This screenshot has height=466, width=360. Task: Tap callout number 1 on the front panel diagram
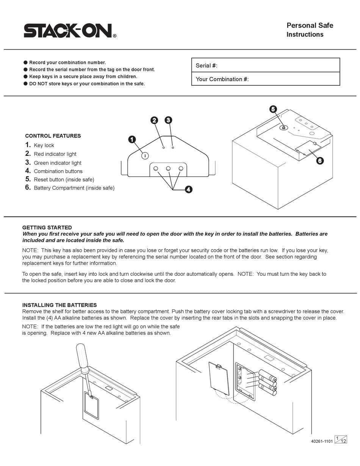132,140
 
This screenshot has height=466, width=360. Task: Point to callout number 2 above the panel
154,120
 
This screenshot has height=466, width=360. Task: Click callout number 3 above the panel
168,120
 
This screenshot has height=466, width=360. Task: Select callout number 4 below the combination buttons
188,190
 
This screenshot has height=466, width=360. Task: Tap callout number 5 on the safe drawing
273,109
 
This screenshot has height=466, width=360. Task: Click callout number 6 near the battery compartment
320,161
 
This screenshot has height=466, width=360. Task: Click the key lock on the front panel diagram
145,155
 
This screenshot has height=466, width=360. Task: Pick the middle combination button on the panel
168,168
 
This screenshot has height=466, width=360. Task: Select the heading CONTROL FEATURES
53,136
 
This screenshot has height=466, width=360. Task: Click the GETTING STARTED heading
47,228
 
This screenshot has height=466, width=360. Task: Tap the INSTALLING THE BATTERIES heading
59,305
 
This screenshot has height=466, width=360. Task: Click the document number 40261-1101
322,441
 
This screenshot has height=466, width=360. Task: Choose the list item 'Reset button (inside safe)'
64,179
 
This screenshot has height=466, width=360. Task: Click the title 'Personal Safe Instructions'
309,30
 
